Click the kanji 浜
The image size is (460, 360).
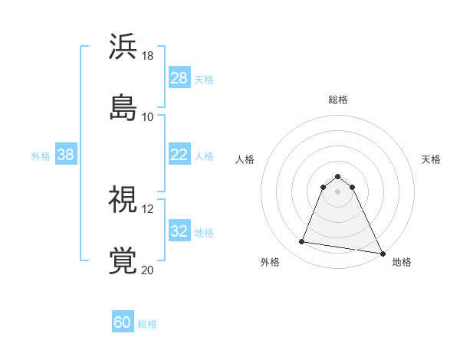(x=123, y=47)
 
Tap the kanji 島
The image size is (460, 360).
(x=123, y=106)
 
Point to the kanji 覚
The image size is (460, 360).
(x=123, y=260)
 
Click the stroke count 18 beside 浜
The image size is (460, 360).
(x=148, y=56)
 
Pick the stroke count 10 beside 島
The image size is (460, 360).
(x=148, y=116)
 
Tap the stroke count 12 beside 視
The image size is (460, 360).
(x=148, y=208)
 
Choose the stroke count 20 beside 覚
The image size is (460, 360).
(x=148, y=270)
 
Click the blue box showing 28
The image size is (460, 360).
(x=179, y=78)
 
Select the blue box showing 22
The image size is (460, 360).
(x=179, y=155)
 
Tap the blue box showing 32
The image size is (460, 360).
(x=179, y=231)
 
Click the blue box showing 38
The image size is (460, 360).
(x=65, y=155)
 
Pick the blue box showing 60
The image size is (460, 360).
(x=123, y=322)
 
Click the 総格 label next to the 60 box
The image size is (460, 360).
(x=147, y=324)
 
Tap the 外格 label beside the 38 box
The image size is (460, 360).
(x=41, y=155)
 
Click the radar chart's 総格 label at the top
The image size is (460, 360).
(x=338, y=100)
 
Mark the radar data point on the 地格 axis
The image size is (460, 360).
(x=383, y=252)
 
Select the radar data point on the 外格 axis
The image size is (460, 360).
(x=302, y=242)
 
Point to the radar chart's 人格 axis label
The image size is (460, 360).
(x=245, y=159)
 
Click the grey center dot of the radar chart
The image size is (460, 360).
(x=338, y=191)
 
